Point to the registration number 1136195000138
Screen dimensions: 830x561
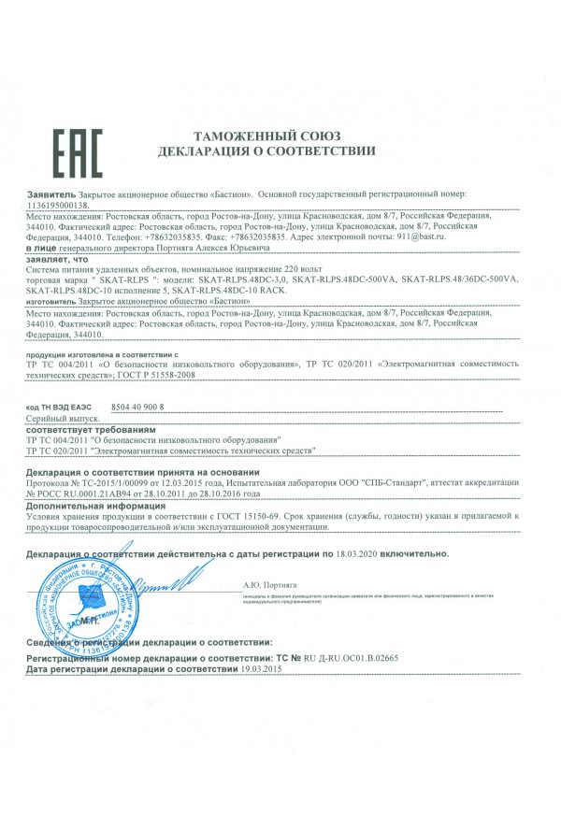coord(60,204)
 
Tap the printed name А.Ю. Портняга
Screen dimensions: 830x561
coord(266,585)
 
